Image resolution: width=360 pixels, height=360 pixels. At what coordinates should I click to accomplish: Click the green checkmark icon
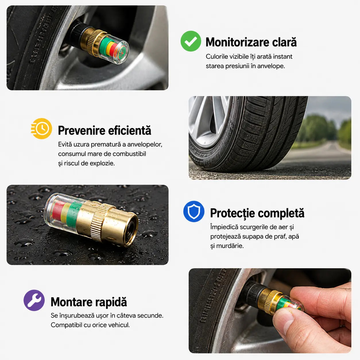(x=191, y=41)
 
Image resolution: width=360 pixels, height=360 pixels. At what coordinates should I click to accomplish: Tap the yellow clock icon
(x=41, y=129)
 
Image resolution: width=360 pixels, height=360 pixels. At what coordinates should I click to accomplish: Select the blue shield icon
(x=194, y=211)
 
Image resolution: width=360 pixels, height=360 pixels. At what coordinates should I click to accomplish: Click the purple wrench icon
(x=34, y=300)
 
